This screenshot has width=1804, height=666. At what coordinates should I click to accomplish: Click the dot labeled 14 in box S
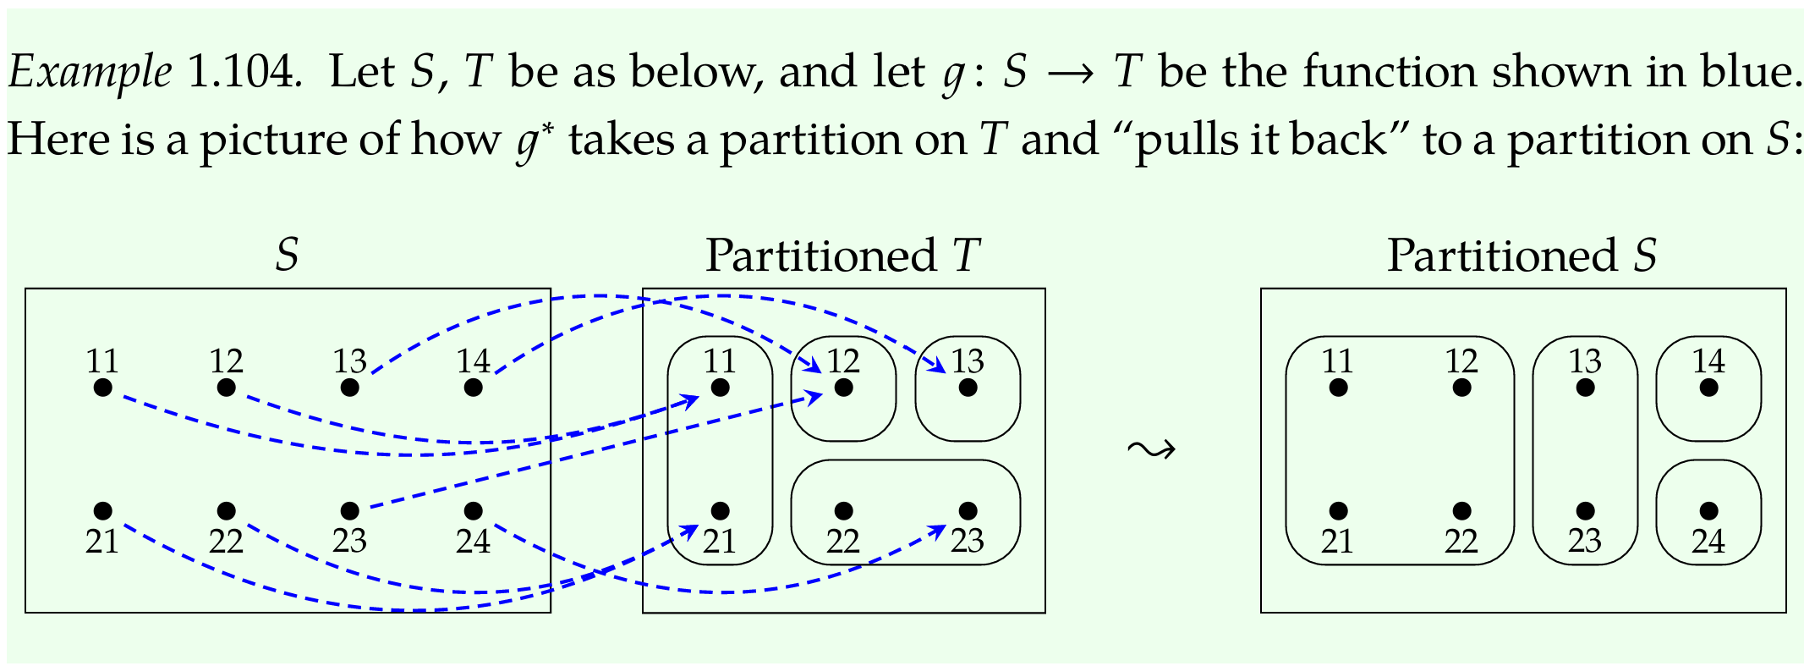coord(473,388)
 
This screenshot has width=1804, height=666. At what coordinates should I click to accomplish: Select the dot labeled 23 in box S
coord(349,511)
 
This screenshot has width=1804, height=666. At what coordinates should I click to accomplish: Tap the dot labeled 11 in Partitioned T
coord(720,388)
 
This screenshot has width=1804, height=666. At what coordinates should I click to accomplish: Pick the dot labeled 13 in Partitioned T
coord(968,388)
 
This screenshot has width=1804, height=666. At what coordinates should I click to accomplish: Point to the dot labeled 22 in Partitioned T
coord(843,511)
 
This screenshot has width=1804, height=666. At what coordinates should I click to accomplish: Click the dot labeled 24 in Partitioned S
coord(1708,511)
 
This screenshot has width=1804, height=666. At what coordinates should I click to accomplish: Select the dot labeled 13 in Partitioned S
coord(1585,388)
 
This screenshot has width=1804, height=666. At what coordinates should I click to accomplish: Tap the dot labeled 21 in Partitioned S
coord(1337,511)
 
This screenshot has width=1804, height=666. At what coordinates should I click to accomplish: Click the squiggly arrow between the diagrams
coord(1151,449)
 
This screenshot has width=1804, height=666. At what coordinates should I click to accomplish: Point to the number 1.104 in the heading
coord(244,71)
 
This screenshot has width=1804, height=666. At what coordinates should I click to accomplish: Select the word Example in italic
coord(90,73)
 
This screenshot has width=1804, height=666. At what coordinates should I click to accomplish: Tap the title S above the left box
coord(288,255)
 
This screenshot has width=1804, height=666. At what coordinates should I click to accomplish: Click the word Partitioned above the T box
coord(820,255)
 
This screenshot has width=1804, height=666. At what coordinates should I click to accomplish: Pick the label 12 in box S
coord(226,362)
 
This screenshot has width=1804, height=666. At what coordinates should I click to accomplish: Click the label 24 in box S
coord(473,541)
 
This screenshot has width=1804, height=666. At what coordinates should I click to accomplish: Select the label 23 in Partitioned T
coord(967,541)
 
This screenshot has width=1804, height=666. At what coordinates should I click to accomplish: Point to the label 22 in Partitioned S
coord(1461,541)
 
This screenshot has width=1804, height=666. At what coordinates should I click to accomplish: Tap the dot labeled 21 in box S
coord(102,511)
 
